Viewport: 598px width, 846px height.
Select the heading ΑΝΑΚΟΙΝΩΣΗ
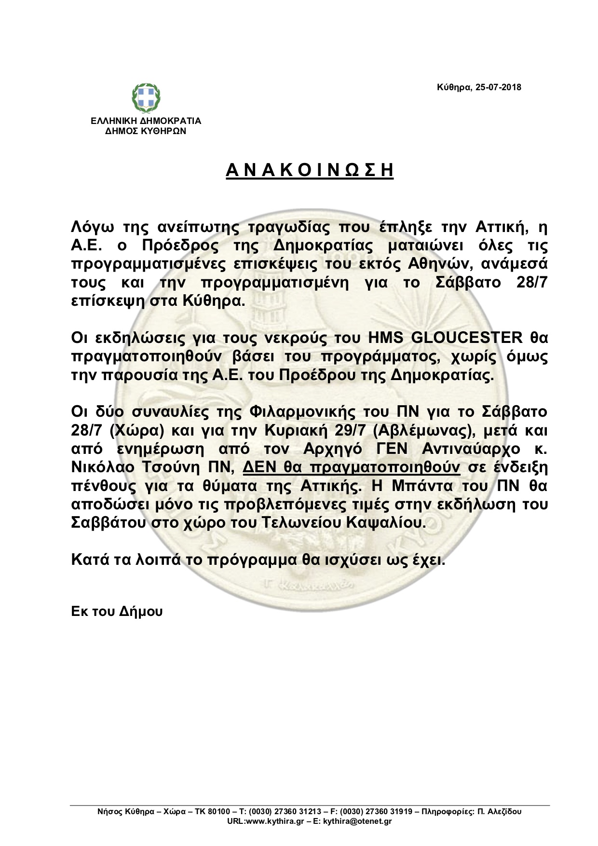[x=310, y=170]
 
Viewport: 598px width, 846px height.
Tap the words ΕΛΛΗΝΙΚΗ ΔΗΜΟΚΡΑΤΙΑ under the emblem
[x=146, y=121]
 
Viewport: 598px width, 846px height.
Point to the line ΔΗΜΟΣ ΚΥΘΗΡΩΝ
[x=146, y=131]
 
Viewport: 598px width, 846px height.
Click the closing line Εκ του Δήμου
[x=117, y=612]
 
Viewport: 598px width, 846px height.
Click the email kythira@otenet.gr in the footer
[x=357, y=821]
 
